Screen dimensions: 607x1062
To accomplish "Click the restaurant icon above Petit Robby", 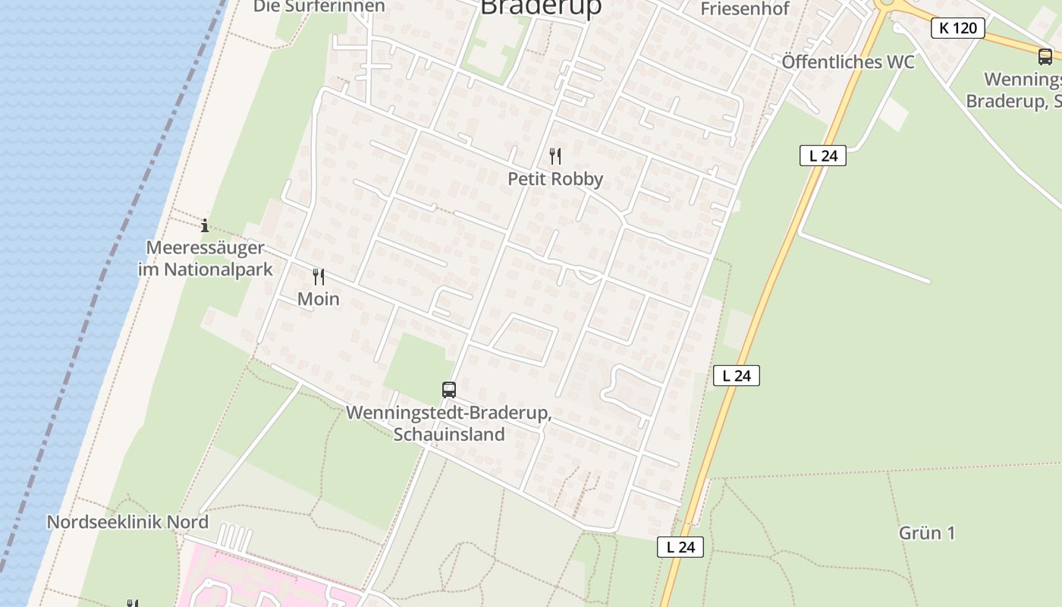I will (x=555, y=156).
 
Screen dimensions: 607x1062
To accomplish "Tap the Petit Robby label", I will (x=555, y=179).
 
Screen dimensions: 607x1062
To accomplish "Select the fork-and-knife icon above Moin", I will (x=319, y=277).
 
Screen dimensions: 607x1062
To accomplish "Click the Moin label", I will (x=319, y=299).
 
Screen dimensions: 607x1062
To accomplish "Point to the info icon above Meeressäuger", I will (x=205, y=225).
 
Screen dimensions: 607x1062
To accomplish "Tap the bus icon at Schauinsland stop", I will (x=449, y=390).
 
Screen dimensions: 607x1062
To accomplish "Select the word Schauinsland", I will (x=449, y=435).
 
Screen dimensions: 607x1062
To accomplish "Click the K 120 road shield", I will (x=957, y=28).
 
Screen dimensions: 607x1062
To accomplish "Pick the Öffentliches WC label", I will (x=848, y=62).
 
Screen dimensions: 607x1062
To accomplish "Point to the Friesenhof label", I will (x=745, y=9).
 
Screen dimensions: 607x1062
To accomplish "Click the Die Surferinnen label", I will (x=319, y=6).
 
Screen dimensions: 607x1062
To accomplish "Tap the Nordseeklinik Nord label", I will (x=127, y=522).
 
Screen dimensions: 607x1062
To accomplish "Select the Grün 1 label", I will (x=927, y=533).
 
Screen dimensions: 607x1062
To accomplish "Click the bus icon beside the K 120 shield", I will (x=1045, y=56).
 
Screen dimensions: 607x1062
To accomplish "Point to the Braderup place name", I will (x=542, y=7).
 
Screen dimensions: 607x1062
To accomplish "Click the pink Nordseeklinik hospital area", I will (x=250, y=580).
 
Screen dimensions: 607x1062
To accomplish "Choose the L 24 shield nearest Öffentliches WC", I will (x=822, y=156).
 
